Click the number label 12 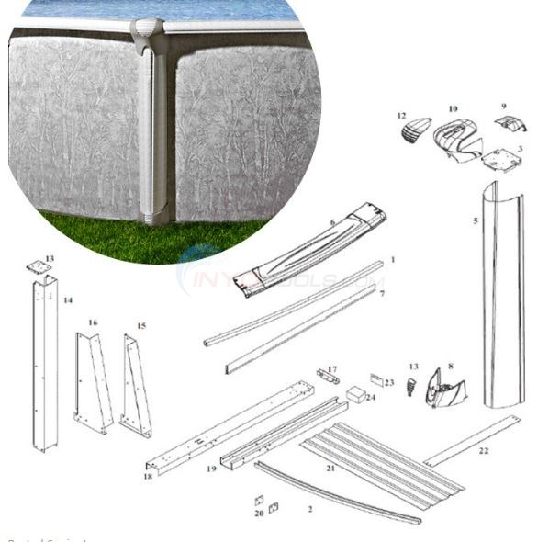coord(402,116)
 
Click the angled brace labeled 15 coord(137,387)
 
